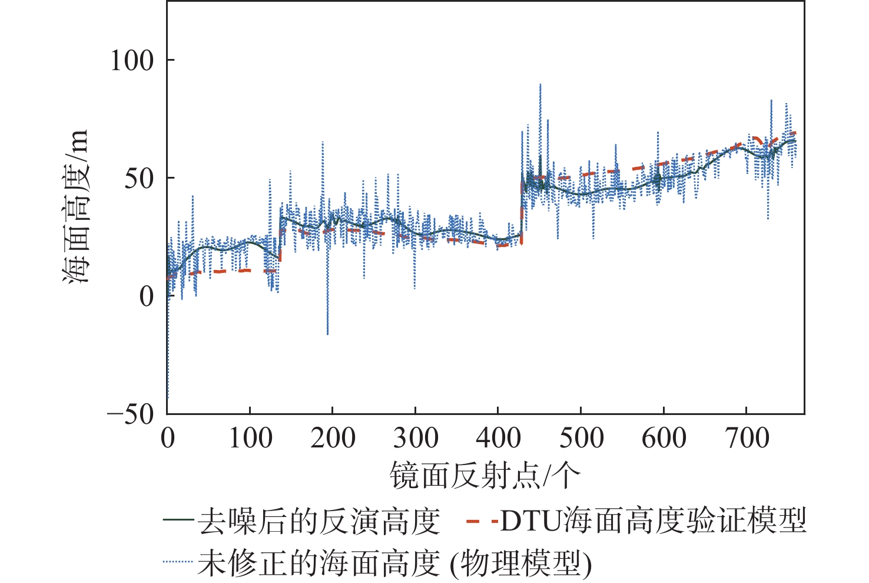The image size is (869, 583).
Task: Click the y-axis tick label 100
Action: [x=132, y=60]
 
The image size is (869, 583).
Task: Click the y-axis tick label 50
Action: [x=139, y=178]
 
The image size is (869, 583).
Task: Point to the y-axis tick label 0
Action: [x=147, y=296]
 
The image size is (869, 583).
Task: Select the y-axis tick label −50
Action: [x=131, y=414]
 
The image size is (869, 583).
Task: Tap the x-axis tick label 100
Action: [x=250, y=439]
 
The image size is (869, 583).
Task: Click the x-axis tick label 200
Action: [x=333, y=439]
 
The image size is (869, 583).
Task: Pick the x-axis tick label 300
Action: [x=416, y=439]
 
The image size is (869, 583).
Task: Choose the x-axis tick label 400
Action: [x=498, y=439]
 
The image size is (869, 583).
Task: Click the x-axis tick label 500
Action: [x=581, y=439]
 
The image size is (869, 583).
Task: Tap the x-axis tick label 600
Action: [x=664, y=439]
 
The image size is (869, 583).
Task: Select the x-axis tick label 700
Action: [x=747, y=439]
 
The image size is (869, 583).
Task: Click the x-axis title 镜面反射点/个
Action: [x=485, y=475]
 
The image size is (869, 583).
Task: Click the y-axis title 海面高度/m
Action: [x=76, y=206]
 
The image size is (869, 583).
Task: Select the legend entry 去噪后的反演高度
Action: [x=319, y=521]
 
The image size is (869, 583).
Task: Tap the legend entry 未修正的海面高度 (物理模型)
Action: [x=394, y=564]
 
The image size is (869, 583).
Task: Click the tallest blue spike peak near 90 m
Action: [x=540, y=85]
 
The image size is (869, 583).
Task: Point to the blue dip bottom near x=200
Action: [x=327, y=334]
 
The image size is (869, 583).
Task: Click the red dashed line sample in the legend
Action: [x=482, y=521]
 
